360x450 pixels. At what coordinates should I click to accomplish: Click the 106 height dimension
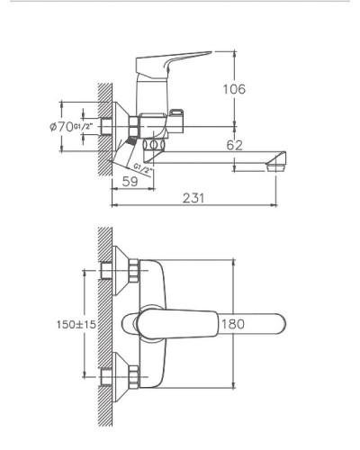tap(233, 88)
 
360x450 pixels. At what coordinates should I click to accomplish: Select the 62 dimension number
tap(233, 145)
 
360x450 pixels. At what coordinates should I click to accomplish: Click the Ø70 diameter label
tap(63, 127)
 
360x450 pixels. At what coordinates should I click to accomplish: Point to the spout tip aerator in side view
tap(274, 163)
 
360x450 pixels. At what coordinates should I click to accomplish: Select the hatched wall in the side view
tap(103, 126)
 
